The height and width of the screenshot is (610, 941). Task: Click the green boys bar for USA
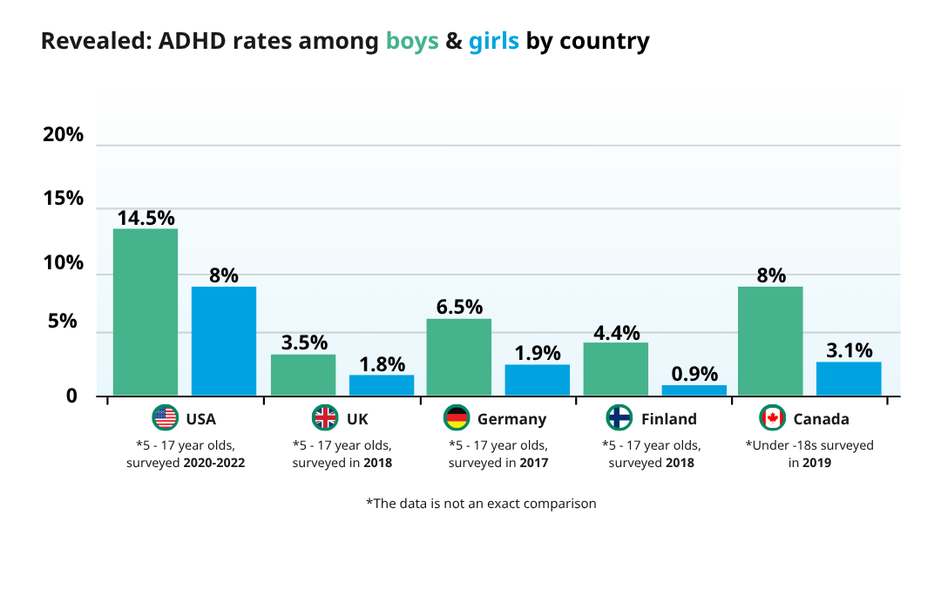(146, 312)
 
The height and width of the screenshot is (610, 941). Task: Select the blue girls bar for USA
(224, 341)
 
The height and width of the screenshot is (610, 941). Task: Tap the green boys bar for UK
(303, 375)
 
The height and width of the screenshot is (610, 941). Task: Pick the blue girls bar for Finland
(694, 390)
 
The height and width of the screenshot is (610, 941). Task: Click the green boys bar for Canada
(770, 341)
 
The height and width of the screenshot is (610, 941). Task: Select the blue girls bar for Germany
(538, 380)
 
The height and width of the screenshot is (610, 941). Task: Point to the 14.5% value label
(146, 218)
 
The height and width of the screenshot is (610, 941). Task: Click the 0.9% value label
(694, 374)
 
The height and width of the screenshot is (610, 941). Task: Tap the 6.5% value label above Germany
(458, 308)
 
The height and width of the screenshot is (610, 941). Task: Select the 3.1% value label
(849, 350)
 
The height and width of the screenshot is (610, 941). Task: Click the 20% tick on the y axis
(63, 135)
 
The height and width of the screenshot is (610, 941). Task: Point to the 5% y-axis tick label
(63, 322)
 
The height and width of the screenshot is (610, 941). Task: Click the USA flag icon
(165, 418)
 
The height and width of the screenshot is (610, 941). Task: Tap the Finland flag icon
(619, 418)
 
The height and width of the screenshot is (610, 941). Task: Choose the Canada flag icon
(772, 418)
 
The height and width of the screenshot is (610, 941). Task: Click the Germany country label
(511, 419)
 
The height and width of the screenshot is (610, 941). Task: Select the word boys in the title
(412, 41)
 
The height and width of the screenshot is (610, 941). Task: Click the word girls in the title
(493, 41)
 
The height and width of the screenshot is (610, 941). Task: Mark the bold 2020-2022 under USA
(213, 463)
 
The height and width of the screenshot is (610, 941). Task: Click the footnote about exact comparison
(481, 504)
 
